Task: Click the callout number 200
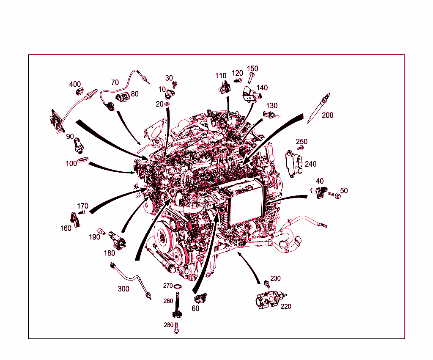328,115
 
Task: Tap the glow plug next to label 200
319,108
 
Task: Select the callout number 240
311,164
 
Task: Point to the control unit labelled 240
294,164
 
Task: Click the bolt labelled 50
334,195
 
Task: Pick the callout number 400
75,84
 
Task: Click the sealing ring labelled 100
83,159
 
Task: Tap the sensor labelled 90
78,146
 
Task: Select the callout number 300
123,289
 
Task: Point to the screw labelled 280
176,328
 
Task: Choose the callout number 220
286,306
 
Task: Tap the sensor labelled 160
75,220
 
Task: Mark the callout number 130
272,105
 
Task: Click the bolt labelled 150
251,78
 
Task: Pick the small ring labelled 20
167,104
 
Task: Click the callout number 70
115,82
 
